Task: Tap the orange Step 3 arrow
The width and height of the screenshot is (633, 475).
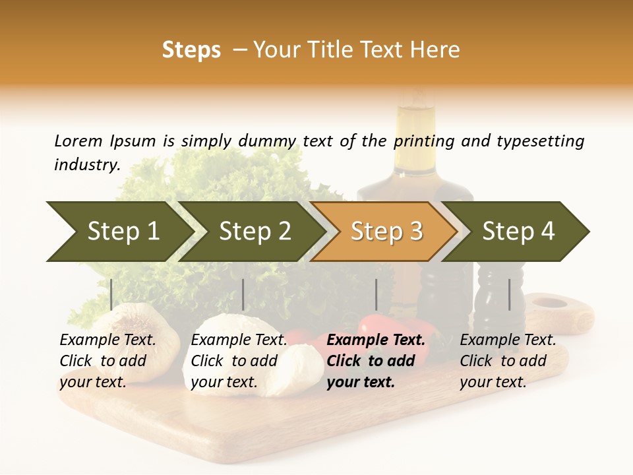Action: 386,231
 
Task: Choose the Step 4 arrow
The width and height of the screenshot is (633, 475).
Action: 518,231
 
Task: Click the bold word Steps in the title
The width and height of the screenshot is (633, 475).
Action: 191,50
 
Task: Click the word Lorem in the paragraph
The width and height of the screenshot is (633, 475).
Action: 78,141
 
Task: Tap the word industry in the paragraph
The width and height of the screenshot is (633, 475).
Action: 86,164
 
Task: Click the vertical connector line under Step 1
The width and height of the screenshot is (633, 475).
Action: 111,294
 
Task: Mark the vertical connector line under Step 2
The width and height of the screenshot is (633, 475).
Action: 243,294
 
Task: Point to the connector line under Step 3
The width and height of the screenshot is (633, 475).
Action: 377,294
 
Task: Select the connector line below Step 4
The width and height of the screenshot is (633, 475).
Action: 509,294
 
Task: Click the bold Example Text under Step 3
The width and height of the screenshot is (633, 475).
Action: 376,340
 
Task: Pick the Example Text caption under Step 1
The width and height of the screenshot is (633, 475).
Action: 107,340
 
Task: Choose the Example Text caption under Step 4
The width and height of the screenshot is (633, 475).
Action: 508,340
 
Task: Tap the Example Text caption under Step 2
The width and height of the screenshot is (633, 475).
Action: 239,340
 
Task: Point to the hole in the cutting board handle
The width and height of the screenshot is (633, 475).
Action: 549,303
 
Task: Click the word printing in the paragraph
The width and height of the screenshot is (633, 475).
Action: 425,141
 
